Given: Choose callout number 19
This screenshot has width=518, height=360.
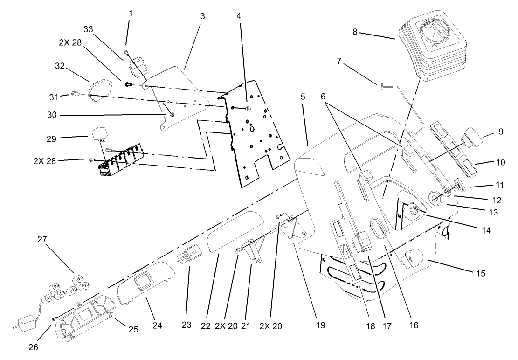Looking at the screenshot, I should point(320,325).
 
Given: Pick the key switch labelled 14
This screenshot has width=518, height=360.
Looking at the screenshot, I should point(413,212).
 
